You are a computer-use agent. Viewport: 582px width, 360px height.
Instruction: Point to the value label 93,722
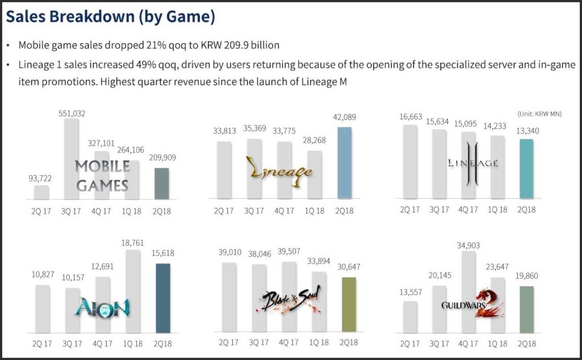click(41, 178)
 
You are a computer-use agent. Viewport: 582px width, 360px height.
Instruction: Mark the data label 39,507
click(288, 253)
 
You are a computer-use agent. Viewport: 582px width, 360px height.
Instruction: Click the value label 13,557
click(410, 292)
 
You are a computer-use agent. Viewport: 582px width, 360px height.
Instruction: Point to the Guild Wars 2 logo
click(472, 304)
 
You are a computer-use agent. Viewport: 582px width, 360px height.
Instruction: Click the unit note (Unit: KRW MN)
click(539, 114)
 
